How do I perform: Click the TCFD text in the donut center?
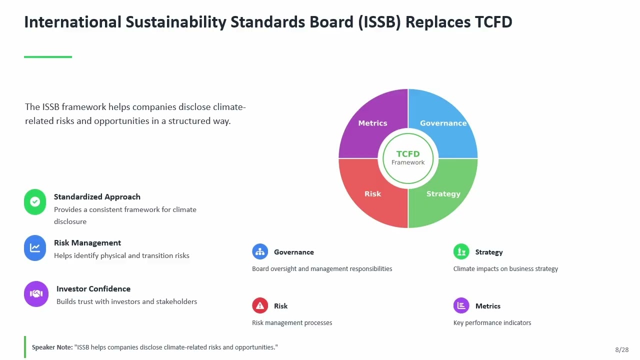click(x=408, y=154)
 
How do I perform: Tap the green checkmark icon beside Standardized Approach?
click(x=35, y=201)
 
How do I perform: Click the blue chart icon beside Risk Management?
click(x=35, y=247)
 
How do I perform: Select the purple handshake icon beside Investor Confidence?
click(x=36, y=294)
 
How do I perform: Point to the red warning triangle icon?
click(x=260, y=305)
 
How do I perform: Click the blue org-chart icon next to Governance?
click(x=260, y=251)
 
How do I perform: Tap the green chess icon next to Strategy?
click(x=461, y=251)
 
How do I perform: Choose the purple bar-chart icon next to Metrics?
click(x=461, y=305)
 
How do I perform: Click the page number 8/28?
click(x=621, y=349)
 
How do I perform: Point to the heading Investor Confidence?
click(x=93, y=289)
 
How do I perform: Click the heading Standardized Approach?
click(x=97, y=197)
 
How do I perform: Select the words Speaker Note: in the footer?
click(x=52, y=347)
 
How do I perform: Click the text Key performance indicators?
click(x=492, y=323)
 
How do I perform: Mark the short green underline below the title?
click(x=48, y=57)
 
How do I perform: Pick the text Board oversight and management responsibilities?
click(x=322, y=269)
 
